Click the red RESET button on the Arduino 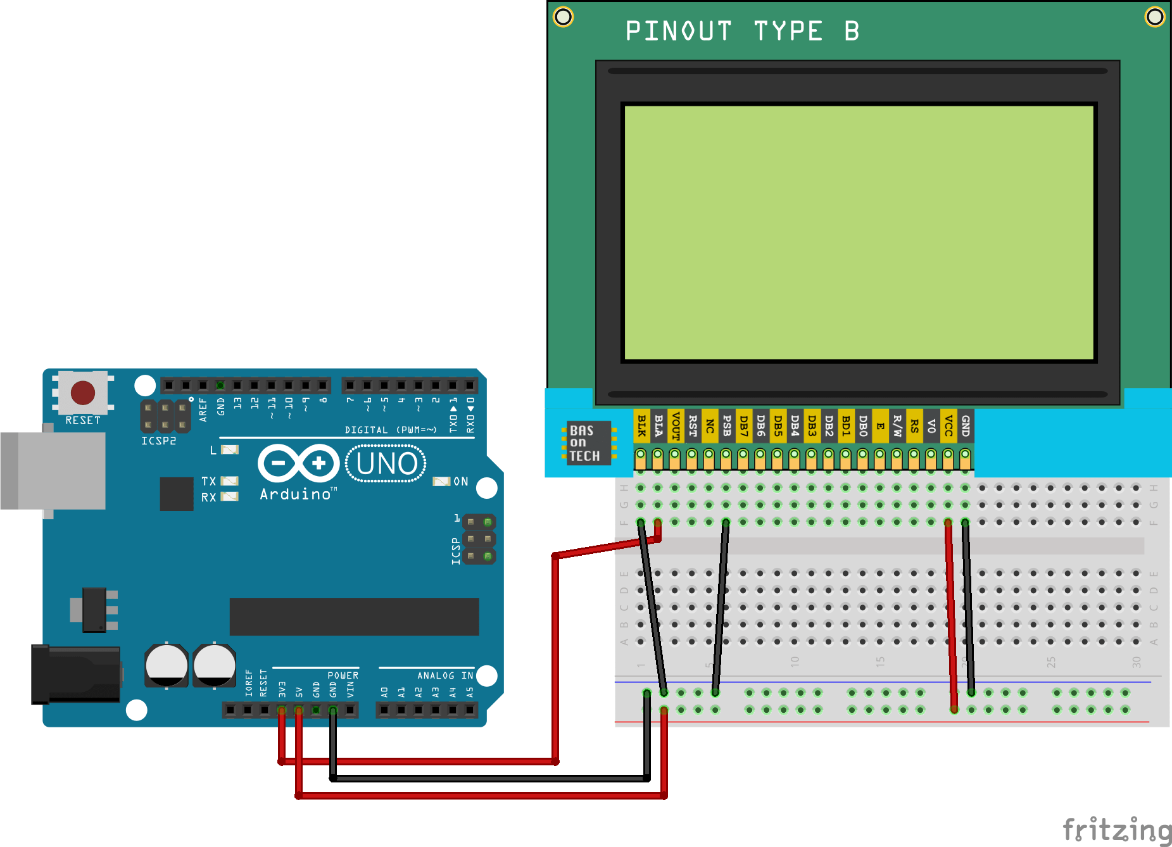click(83, 392)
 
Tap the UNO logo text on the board click(386, 463)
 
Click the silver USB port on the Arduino click(53, 470)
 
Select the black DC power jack click(76, 674)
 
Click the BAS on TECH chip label click(585, 443)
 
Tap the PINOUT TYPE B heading click(741, 31)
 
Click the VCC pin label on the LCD click(948, 425)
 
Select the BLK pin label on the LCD click(641, 425)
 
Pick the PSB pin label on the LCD click(726, 425)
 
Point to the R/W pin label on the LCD click(897, 425)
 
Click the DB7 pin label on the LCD click(743, 425)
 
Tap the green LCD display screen click(859, 232)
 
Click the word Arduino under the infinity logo click(296, 494)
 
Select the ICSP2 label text click(158, 441)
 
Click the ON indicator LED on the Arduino click(441, 482)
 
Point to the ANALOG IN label click(444, 675)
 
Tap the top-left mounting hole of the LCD click(563, 16)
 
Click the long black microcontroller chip click(354, 617)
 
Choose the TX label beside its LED click(209, 481)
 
